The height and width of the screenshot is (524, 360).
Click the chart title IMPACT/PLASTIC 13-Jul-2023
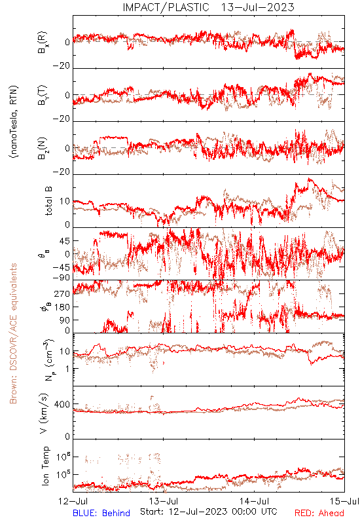tap(208, 7)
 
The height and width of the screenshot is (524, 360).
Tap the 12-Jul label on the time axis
tap(73, 501)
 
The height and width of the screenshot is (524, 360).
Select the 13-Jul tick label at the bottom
tap(164, 501)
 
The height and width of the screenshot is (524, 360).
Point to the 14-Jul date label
tap(254, 501)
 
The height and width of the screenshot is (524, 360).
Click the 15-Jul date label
tap(345, 501)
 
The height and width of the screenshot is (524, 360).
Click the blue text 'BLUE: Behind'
tap(101, 513)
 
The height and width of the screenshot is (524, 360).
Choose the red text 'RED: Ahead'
tap(319, 513)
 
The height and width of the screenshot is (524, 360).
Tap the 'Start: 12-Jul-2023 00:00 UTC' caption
tap(209, 512)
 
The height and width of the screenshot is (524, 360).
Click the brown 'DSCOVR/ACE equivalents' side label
tap(13, 333)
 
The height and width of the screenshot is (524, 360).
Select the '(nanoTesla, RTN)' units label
tap(14, 122)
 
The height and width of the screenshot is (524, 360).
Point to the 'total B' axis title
tap(48, 201)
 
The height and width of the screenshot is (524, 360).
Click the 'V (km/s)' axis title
tap(44, 413)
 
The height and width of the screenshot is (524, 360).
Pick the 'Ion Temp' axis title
tap(45, 466)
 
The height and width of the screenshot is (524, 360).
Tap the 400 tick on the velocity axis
tap(62, 404)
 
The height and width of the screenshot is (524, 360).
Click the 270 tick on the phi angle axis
tap(62, 293)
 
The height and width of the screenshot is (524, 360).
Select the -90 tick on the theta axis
tap(62, 278)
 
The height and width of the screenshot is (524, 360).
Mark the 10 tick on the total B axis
tap(65, 202)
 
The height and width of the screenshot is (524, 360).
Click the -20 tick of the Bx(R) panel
tap(62, 66)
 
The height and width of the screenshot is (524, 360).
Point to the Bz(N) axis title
tap(43, 148)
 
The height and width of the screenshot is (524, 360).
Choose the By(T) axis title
tap(43, 95)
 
